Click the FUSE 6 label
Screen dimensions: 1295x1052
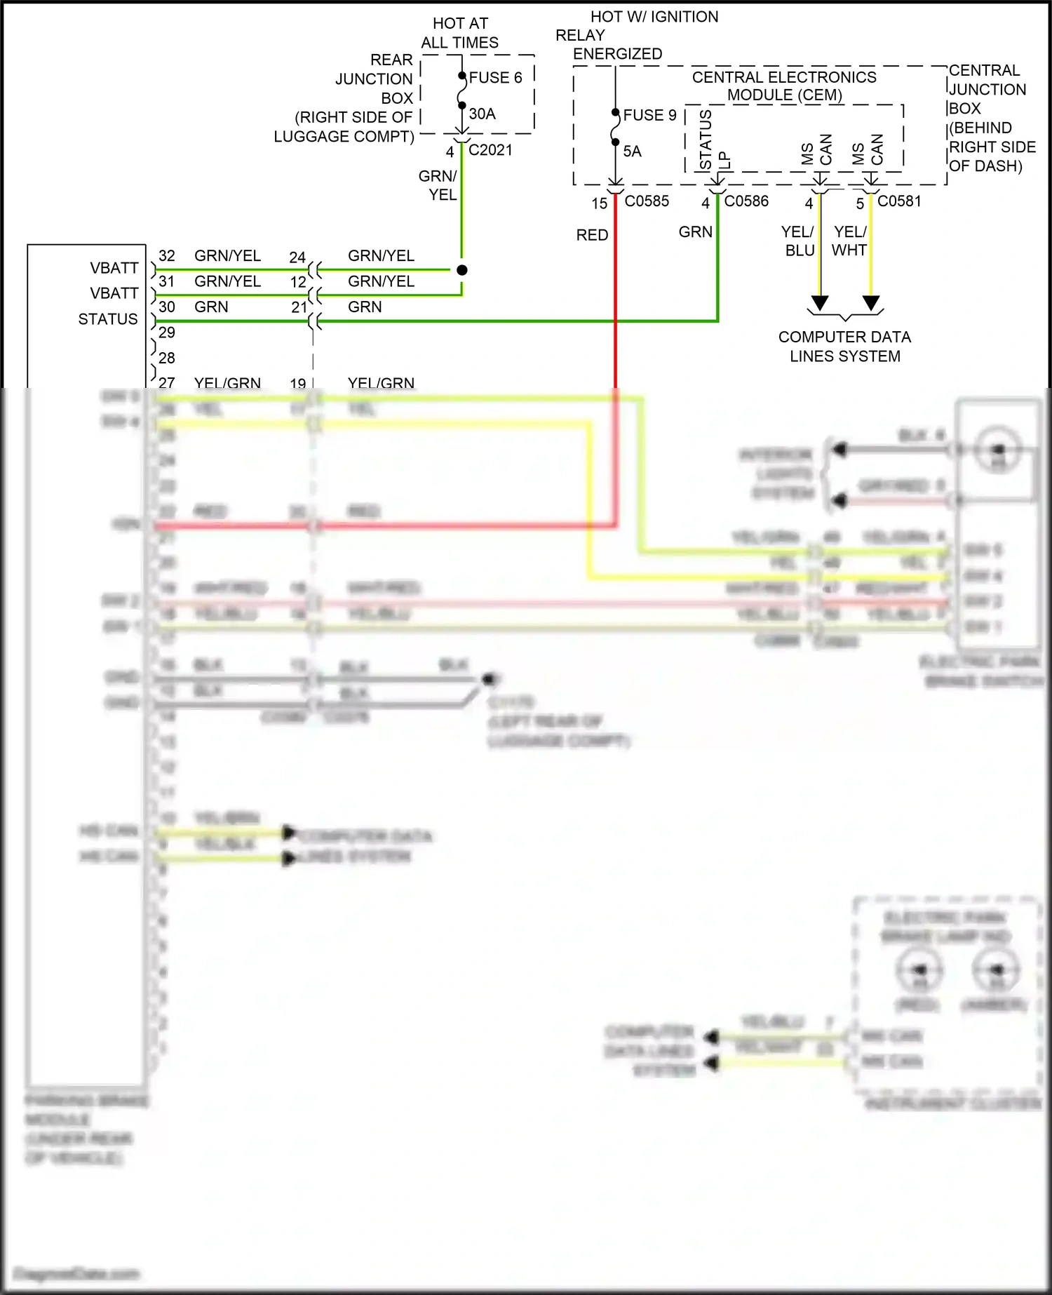(495, 78)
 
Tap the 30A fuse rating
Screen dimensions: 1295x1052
(483, 114)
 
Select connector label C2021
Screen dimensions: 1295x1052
(490, 150)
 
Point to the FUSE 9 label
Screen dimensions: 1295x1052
(649, 115)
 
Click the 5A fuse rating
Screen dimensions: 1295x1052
(633, 152)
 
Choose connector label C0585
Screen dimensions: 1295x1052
(647, 201)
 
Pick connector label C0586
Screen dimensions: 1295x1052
(746, 201)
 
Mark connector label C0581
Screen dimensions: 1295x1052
(899, 201)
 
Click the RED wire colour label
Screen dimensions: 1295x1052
(592, 235)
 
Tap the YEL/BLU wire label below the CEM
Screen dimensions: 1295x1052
(799, 241)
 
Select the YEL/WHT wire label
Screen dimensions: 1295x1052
(850, 241)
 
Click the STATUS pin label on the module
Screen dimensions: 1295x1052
(108, 319)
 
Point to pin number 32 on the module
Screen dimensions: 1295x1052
(167, 256)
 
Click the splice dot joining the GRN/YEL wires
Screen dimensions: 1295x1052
(462, 270)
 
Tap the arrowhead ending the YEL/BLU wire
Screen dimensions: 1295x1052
(819, 303)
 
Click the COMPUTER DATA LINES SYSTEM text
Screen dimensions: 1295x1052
(844, 347)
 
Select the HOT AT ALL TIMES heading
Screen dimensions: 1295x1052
(460, 33)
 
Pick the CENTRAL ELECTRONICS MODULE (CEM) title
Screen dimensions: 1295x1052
(784, 86)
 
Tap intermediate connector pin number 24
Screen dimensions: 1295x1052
(297, 257)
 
